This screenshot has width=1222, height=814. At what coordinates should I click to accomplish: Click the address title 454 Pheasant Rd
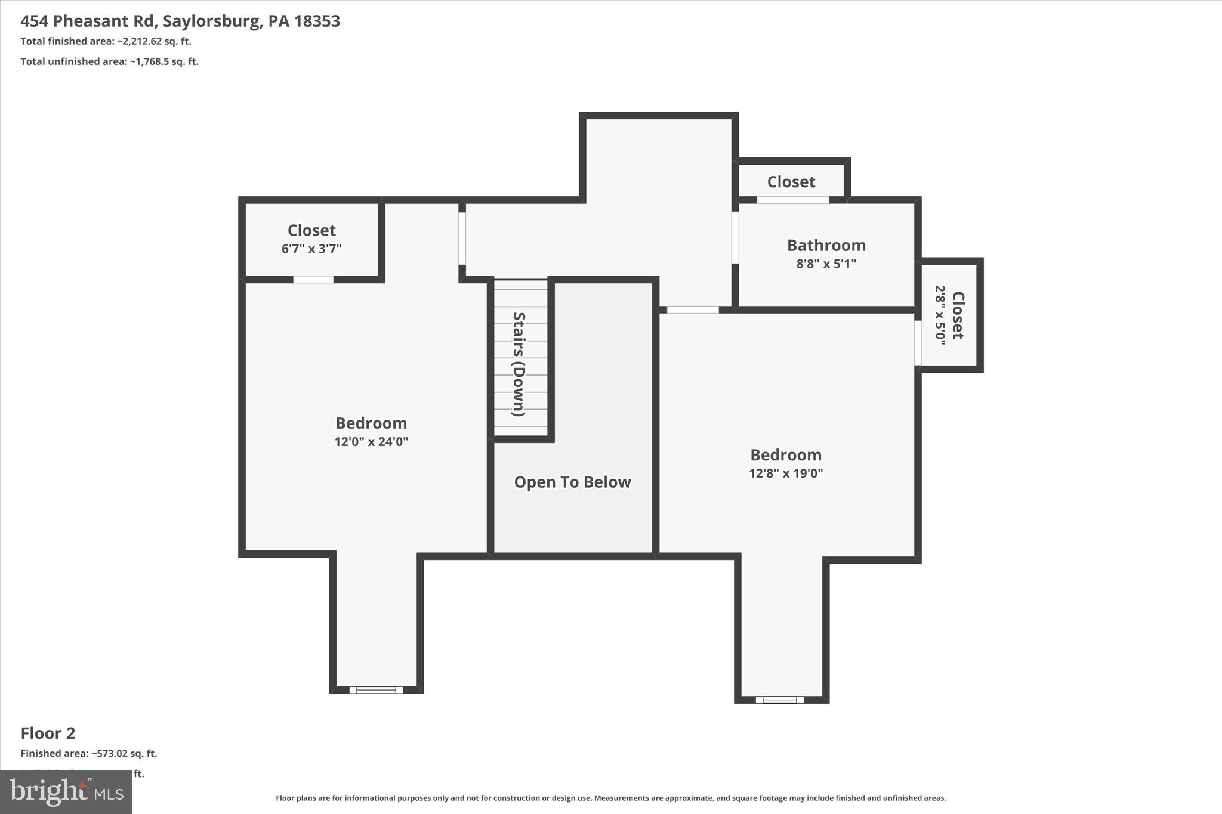(180, 21)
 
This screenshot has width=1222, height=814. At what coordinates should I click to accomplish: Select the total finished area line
(106, 41)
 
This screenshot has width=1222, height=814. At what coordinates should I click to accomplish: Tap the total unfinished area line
(109, 61)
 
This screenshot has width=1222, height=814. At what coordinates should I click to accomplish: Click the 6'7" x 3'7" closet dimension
(311, 249)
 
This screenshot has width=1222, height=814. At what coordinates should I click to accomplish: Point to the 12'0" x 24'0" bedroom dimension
(371, 442)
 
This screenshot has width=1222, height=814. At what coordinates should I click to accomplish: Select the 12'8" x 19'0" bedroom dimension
(785, 473)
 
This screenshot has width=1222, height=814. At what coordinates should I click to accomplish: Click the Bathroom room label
(826, 245)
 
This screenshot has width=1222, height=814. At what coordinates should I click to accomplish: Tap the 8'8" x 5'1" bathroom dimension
(826, 264)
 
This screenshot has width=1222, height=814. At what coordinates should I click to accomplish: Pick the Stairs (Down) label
(519, 364)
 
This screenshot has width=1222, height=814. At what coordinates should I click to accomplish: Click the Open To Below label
(572, 482)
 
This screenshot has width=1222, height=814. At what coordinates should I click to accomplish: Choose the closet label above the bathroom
(791, 182)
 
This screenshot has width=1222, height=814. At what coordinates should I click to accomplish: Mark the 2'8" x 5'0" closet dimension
(940, 315)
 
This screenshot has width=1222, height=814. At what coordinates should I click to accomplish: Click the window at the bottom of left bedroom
(376, 690)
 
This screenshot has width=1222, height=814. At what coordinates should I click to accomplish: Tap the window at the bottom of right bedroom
(779, 700)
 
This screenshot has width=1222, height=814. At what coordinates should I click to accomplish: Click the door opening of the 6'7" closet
(313, 280)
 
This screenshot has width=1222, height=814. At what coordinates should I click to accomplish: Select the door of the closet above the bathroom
(792, 200)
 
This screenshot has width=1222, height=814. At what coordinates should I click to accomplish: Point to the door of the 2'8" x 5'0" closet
(918, 343)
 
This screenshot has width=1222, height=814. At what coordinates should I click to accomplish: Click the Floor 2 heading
(48, 733)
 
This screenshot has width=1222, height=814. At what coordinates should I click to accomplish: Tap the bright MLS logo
(66, 792)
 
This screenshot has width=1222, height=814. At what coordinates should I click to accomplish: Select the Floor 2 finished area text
(88, 753)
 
